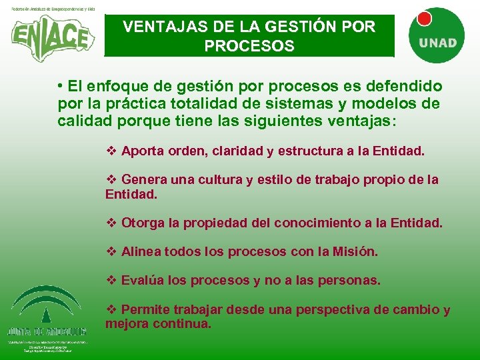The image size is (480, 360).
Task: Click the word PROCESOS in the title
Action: (249, 47)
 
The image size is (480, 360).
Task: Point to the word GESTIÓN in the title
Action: (295, 27)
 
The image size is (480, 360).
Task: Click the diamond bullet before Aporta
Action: (112, 151)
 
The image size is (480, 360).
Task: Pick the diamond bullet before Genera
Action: (112, 180)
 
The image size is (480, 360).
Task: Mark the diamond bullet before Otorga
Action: (112, 223)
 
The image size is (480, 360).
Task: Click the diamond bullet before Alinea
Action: (112, 252)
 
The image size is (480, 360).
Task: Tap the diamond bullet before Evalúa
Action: (112, 281)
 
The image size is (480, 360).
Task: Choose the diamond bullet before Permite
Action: (112, 310)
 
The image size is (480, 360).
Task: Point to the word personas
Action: (351, 281)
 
